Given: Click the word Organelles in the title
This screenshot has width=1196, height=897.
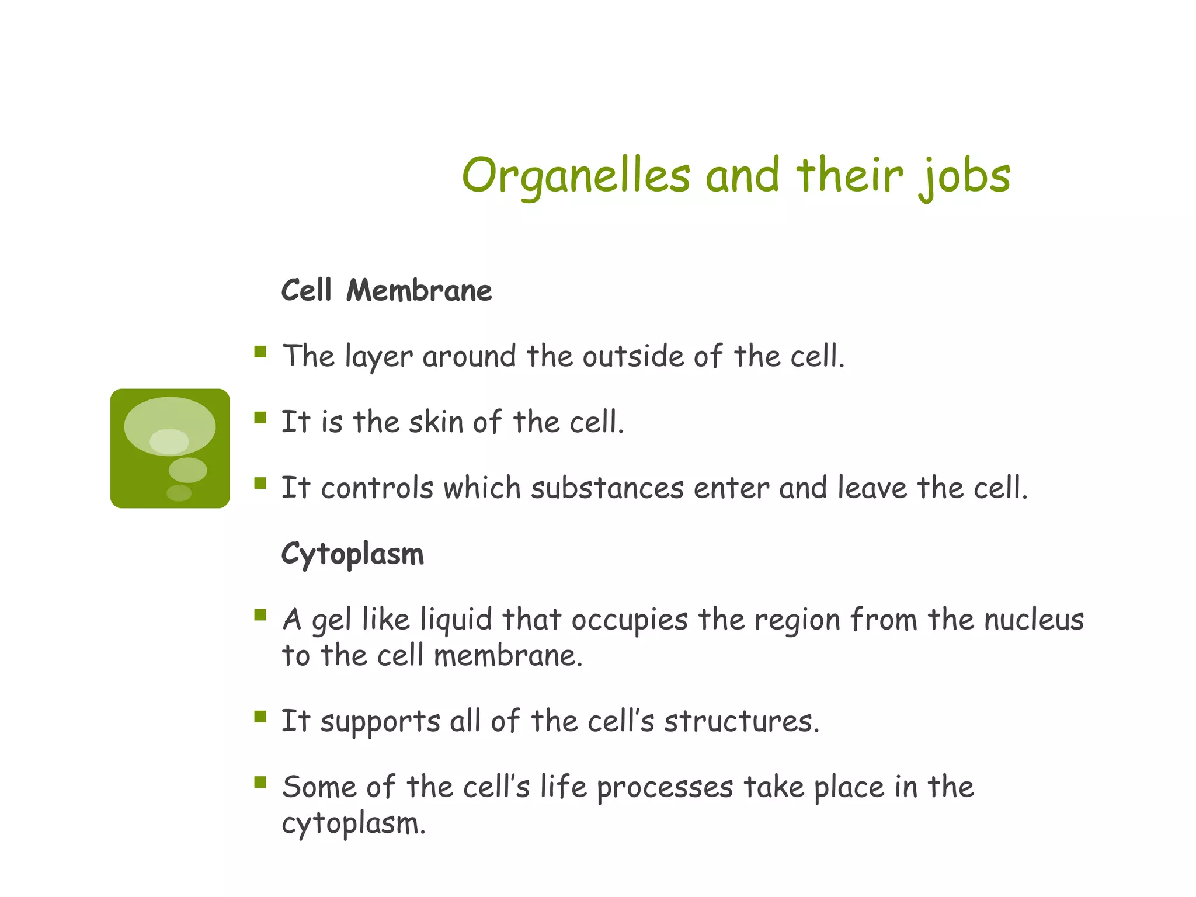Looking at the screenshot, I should pos(575,175).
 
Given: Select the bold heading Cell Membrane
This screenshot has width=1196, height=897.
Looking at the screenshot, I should pos(386,290).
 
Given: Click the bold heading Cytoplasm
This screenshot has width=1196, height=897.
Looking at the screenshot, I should pos(352,554).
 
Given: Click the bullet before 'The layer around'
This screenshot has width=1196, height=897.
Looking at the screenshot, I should pos(260,352).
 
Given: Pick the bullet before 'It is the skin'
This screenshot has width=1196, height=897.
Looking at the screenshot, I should pos(260,417).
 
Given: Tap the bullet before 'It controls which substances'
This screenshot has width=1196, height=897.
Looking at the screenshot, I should pos(260,483).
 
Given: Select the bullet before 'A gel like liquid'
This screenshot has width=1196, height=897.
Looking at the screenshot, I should pos(260,614).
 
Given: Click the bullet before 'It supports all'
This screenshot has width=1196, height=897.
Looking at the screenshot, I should pos(260,716).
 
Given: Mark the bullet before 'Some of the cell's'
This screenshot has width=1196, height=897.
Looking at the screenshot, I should pos(260,782).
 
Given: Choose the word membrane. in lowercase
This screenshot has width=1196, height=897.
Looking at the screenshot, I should pos(508,655).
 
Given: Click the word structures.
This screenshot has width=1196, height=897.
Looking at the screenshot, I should pos(742,721).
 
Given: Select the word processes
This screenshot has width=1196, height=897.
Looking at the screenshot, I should pos(665,787).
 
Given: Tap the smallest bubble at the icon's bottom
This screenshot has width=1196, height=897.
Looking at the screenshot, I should pos(179,493).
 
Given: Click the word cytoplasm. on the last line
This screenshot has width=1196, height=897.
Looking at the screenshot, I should pos(353,823).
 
